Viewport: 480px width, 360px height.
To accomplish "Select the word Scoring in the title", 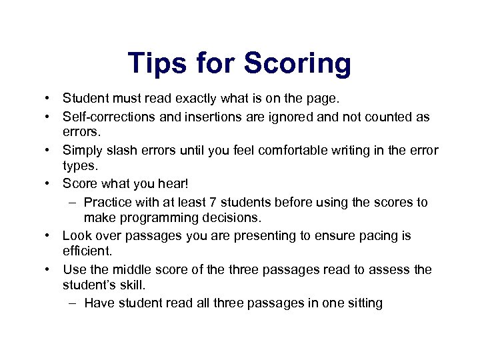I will [x=297, y=64].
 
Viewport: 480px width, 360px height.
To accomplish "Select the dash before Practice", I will [x=71, y=201].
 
